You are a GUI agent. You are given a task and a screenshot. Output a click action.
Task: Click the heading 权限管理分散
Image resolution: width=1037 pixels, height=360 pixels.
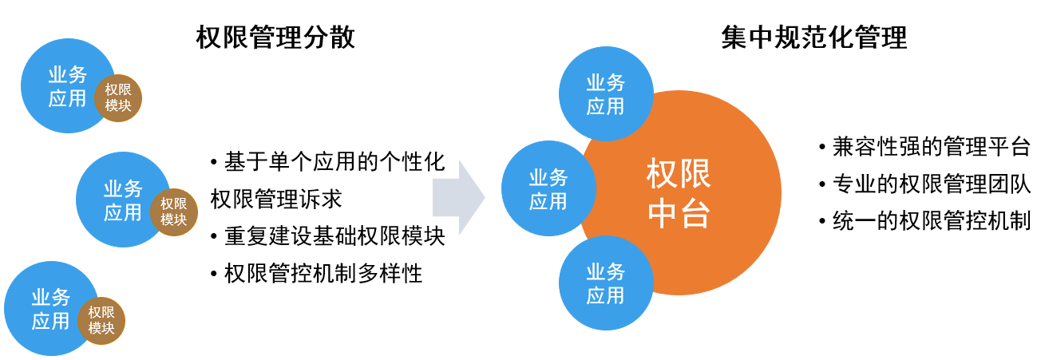275,37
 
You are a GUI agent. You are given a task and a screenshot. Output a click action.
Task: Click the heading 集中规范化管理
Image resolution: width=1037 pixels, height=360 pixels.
813,37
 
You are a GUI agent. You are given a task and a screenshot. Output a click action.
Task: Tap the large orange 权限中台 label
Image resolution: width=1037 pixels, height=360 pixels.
679,193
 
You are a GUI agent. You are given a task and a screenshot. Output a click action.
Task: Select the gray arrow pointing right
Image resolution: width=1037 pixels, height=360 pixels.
459,198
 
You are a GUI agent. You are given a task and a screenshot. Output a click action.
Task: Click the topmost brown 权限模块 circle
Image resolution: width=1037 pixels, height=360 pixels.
118,98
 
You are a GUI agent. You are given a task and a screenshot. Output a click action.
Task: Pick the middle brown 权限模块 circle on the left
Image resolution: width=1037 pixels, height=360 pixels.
173,212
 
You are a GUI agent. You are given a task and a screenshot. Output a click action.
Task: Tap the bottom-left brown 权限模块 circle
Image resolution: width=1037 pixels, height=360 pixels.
101,321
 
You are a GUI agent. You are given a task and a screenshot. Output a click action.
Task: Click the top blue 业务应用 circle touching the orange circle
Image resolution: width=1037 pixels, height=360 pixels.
606,94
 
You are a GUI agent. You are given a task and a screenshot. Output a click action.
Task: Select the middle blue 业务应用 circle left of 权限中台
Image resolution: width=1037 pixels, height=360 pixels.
548,188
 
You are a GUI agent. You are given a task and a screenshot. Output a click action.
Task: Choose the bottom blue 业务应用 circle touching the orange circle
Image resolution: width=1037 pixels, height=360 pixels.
606,283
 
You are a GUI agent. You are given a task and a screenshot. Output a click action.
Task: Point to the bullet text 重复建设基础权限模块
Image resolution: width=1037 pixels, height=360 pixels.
328,236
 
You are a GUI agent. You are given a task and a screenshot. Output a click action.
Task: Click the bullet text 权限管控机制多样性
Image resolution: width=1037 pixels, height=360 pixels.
317,274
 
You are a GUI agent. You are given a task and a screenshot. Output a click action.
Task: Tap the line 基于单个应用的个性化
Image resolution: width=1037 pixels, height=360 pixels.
328,162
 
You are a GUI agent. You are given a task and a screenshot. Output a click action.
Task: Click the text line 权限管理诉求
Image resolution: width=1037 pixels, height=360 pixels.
276,199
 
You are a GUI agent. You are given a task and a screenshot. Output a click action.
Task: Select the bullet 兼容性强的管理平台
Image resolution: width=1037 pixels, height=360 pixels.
924,147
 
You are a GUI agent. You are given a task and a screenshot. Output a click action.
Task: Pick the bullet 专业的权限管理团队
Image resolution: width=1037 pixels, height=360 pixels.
924,184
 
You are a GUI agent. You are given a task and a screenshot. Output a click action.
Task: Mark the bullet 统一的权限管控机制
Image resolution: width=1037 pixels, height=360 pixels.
924,221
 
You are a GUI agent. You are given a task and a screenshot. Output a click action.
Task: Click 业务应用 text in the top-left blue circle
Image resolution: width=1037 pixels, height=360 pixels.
68,86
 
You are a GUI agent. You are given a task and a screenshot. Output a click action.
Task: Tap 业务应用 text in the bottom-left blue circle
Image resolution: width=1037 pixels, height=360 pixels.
51,309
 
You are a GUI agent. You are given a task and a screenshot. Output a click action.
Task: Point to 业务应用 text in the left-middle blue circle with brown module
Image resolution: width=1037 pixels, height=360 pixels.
123,200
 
